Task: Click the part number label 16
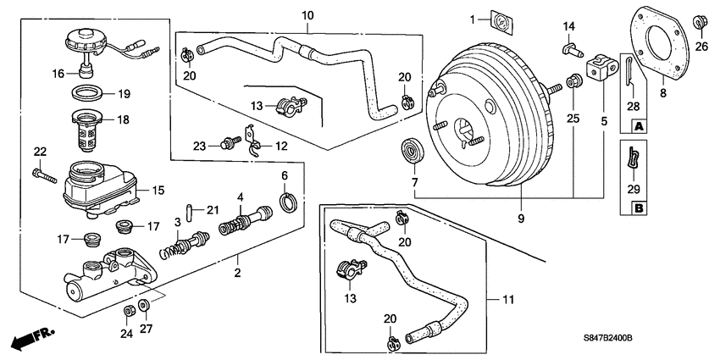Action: (x=58, y=74)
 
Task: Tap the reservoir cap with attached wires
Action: (x=85, y=42)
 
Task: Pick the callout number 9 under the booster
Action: (x=521, y=219)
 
